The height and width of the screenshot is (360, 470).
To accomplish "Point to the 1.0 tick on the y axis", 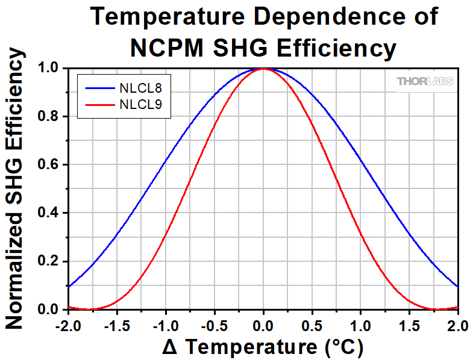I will point(48,68).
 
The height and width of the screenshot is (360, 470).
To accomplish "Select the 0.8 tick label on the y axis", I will point(48,116).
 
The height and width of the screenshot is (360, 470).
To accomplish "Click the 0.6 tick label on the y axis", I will point(48,165).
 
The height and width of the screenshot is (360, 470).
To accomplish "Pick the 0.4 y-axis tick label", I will point(48,213).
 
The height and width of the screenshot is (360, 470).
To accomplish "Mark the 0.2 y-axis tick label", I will point(48,261).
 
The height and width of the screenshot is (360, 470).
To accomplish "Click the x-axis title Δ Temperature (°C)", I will point(263,347).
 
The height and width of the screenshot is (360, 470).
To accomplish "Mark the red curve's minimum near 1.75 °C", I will point(437,309).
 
